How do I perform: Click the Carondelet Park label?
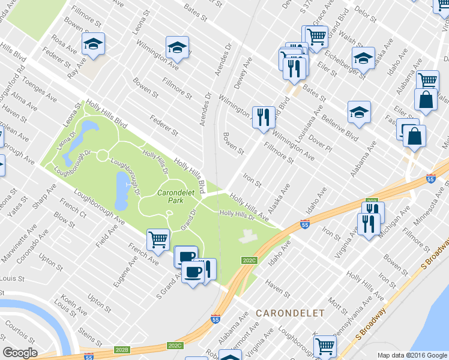[x=174, y=197]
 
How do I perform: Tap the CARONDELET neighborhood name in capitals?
[x=290, y=313]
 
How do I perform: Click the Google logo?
[x=20, y=352]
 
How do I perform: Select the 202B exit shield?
[x=122, y=349]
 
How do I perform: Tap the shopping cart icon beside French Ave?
[x=158, y=239]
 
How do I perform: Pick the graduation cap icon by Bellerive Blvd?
[x=358, y=112]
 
